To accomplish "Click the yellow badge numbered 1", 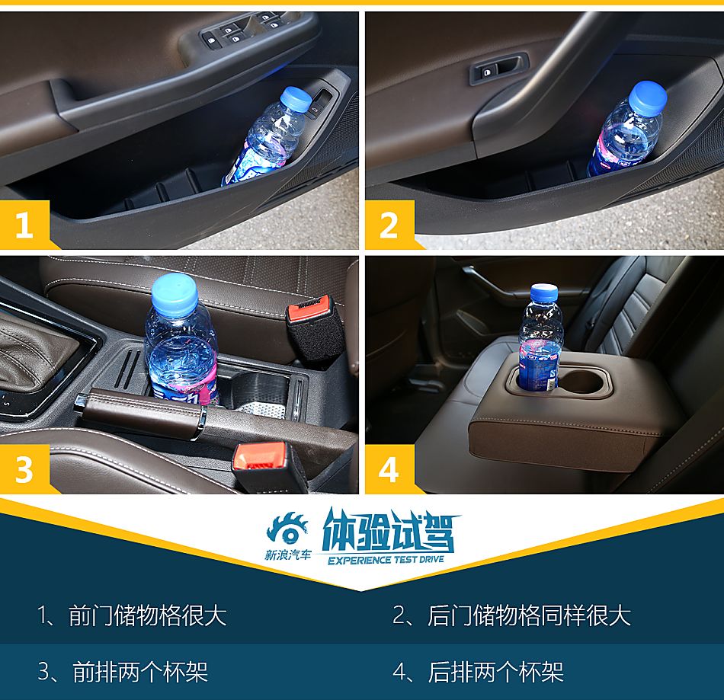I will click(24, 225).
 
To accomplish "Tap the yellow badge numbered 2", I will click(389, 225).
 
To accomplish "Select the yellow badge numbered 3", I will click(24, 469).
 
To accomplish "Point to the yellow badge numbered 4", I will click(389, 469).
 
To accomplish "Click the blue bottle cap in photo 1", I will click(296, 98).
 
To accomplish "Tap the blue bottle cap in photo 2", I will click(649, 97).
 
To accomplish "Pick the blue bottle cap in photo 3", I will click(175, 294).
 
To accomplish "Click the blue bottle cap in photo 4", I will click(543, 293).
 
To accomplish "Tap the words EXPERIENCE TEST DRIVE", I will click(386, 560).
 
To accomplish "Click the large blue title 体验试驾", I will click(389, 531).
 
